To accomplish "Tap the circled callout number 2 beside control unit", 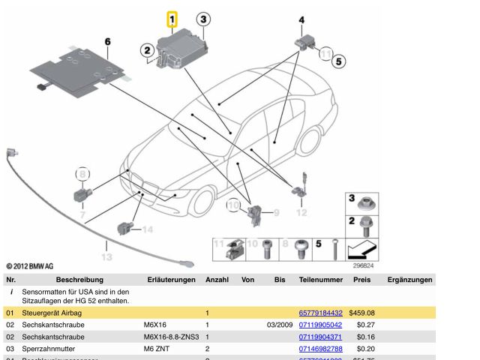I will pos(148,50).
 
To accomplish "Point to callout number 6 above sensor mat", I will pos(107,42).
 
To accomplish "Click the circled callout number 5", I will pos(338,61).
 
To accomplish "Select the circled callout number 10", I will pos(234,203).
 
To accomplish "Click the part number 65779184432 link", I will pos(320,312).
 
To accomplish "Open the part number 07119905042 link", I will pos(320,325).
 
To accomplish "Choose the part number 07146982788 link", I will pos(320,349).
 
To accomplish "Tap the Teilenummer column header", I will pos(320,280).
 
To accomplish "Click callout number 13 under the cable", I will pos(106,257).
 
